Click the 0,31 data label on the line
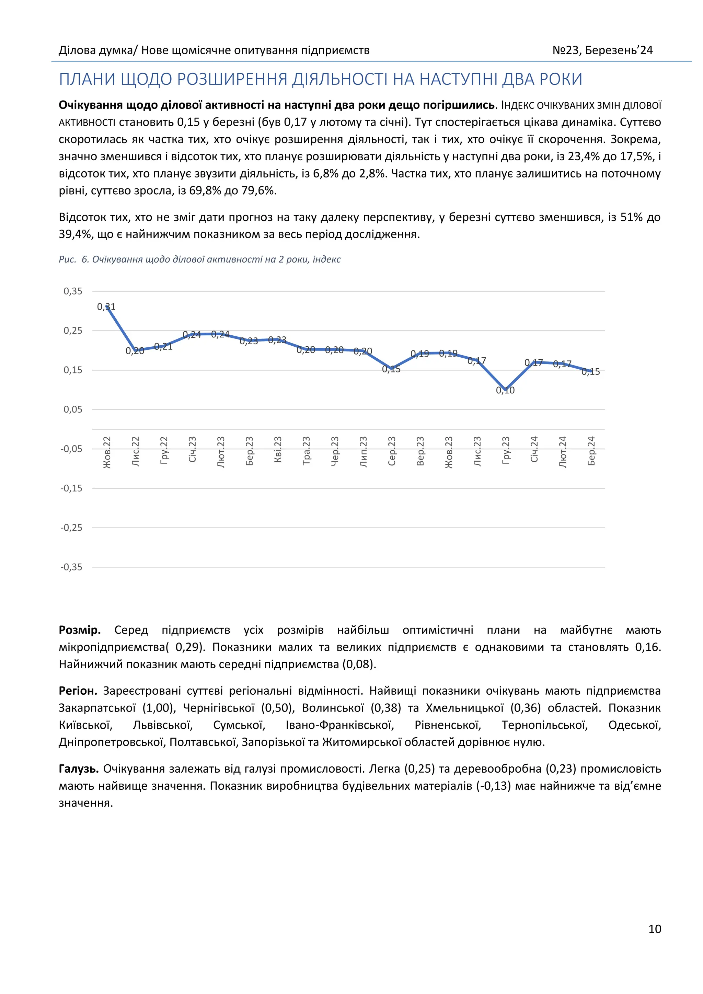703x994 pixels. coord(106,307)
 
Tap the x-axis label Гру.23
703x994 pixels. coord(506,451)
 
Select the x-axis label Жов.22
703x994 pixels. coord(107,452)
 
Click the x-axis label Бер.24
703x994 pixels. coord(591,451)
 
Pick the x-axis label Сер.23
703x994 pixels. coord(392,451)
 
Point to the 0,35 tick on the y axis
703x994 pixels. coord(73,291)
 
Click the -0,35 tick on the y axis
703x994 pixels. coord(71,567)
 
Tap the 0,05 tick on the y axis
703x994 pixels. coord(73,409)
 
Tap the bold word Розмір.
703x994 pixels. coord(80,630)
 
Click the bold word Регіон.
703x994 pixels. coord(78,691)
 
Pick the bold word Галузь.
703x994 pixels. coord(79,768)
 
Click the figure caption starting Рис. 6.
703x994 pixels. coord(199,259)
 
